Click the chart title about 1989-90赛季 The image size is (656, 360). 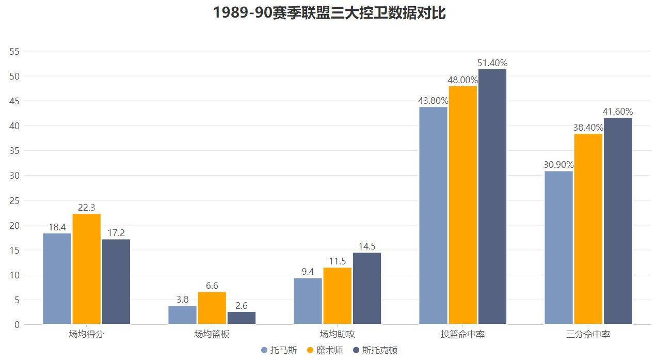(329, 12)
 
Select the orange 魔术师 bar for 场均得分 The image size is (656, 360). (87, 269)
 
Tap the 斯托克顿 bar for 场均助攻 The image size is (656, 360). (367, 288)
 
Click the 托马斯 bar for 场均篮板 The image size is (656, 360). (182, 315)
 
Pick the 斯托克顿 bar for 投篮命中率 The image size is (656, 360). (492, 196)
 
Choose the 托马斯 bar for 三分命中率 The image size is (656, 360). (558, 247)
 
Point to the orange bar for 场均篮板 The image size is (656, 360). (212, 308)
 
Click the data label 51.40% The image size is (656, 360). (492, 63)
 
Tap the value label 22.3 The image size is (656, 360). (87, 208)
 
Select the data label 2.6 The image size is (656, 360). (242, 306)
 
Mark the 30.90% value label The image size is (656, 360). (558, 165)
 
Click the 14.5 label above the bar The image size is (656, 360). (367, 246)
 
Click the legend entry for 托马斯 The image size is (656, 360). (279, 350)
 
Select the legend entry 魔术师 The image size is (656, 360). (325, 350)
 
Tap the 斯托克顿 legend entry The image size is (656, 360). (375, 350)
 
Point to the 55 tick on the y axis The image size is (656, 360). (14, 51)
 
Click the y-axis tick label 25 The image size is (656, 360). (14, 200)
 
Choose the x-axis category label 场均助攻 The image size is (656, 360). (337, 334)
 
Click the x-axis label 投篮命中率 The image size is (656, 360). (463, 334)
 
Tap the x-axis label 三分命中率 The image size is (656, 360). (588, 334)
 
